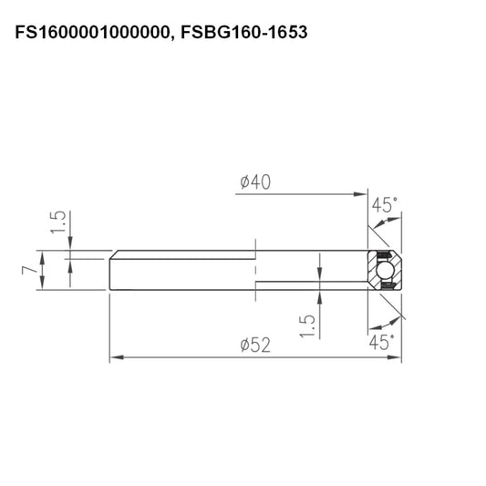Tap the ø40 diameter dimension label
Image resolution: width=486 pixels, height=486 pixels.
[258, 183]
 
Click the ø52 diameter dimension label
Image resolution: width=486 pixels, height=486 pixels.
[257, 346]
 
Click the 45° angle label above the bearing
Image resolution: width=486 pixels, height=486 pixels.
[383, 205]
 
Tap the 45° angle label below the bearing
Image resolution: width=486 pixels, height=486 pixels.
[383, 342]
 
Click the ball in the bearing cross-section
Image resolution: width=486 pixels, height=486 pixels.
[384, 271]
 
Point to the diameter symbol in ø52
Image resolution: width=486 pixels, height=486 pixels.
[244, 346]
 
